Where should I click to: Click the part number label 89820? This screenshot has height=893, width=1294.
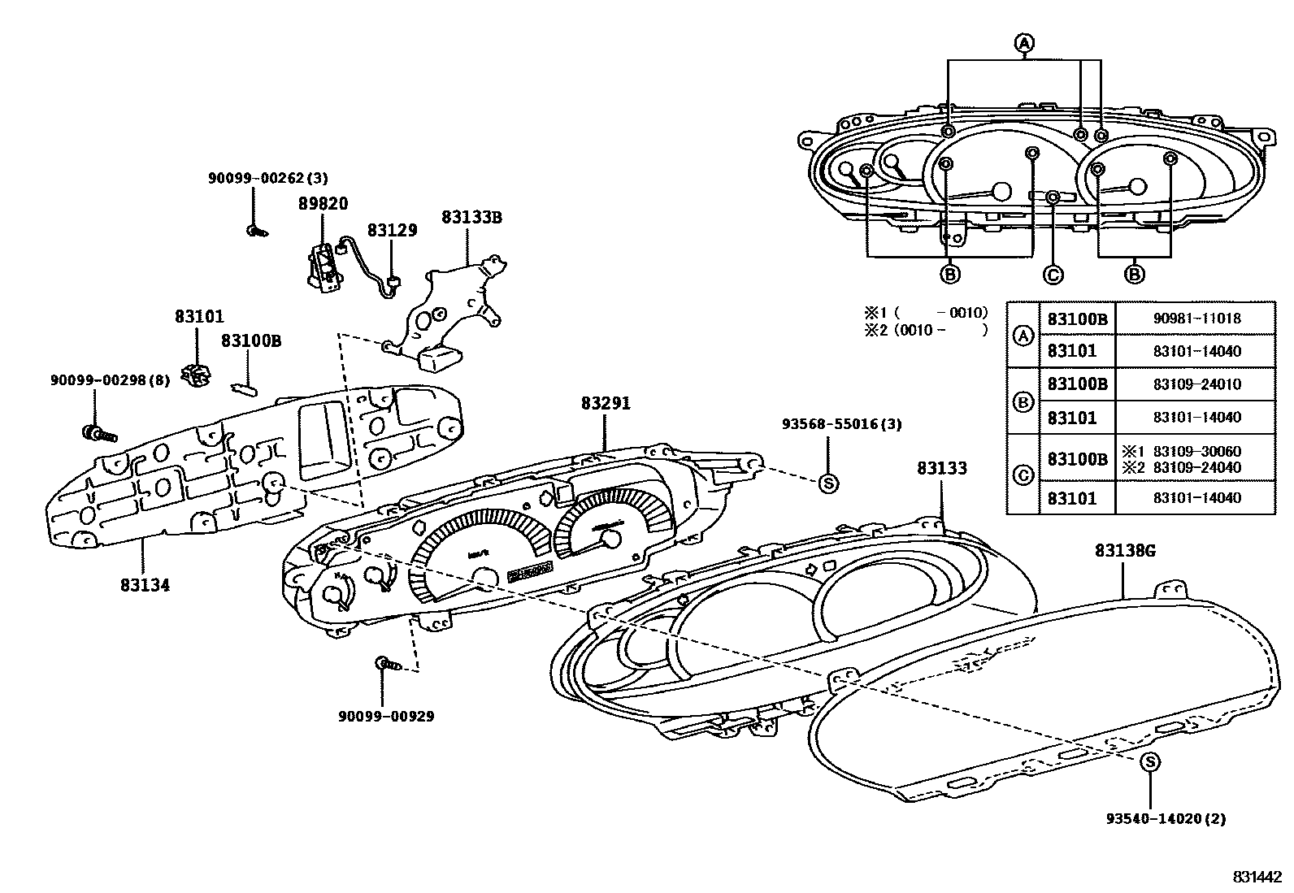(323, 204)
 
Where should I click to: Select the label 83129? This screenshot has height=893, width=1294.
(392, 231)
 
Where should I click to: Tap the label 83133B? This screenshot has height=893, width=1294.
(471, 218)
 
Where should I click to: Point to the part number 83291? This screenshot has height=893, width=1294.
(606, 403)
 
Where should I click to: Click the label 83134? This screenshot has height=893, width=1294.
(145, 584)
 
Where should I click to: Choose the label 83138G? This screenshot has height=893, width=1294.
(1125, 551)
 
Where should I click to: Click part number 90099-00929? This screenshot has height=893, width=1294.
(386, 716)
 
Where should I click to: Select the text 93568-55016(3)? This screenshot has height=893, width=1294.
(841, 424)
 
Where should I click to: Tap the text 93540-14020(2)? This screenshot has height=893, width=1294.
(1166, 819)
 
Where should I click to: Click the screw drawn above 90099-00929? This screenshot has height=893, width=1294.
(389, 665)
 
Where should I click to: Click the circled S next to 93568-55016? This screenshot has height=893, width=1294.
(828, 483)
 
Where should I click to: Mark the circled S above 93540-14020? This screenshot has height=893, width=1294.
(1150, 761)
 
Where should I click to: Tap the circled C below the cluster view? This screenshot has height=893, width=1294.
(1053, 275)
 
